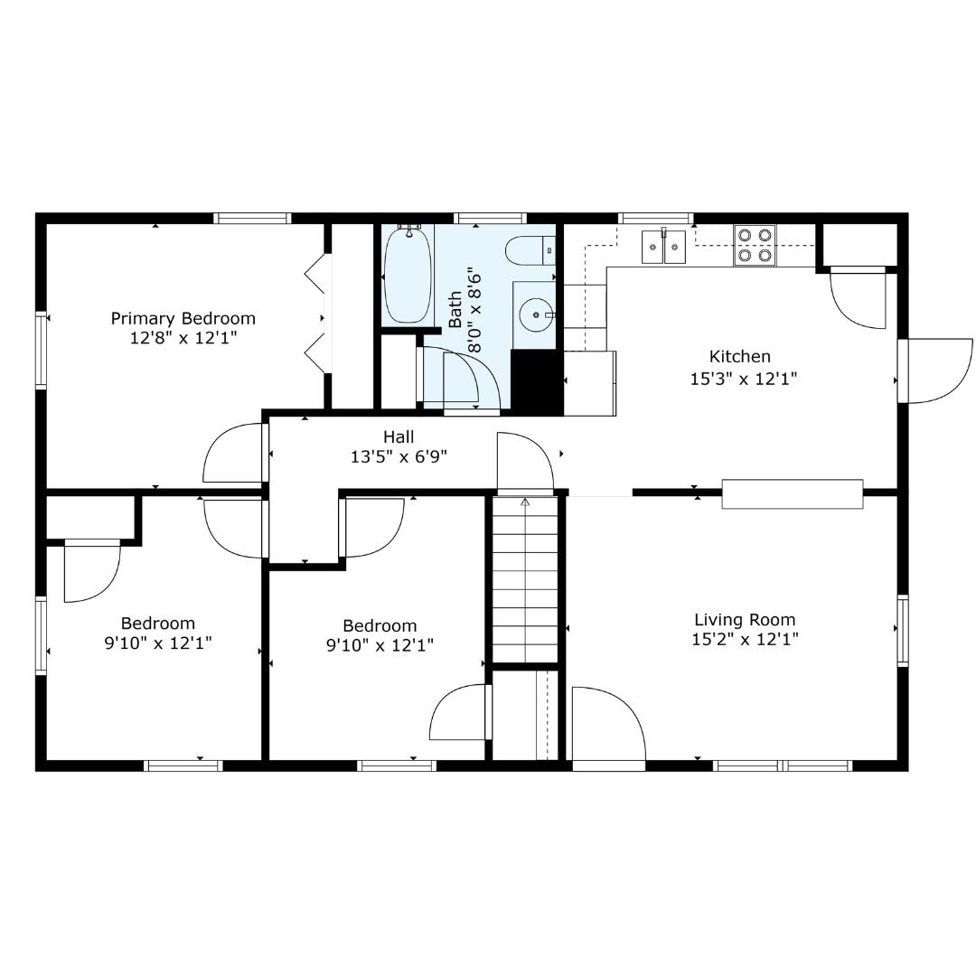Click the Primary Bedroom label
pyautogui.click(x=183, y=318)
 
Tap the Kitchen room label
pyautogui.click(x=740, y=357)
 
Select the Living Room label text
pyautogui.click(x=745, y=619)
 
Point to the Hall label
pyautogui.click(x=399, y=436)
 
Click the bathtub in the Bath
pyautogui.click(x=408, y=274)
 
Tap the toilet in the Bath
pyautogui.click(x=530, y=251)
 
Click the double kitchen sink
pyautogui.click(x=663, y=247)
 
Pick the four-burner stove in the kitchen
pyautogui.click(x=755, y=245)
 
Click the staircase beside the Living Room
pyautogui.click(x=525, y=579)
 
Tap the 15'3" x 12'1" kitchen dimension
pyautogui.click(x=744, y=379)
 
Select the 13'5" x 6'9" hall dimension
pyautogui.click(x=399, y=457)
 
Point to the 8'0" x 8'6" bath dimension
pyautogui.click(x=475, y=310)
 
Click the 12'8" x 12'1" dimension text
pyautogui.click(x=183, y=338)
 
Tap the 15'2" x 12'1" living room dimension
pyautogui.click(x=745, y=639)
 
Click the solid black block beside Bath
pyautogui.click(x=537, y=382)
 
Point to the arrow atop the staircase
pyautogui.click(x=525, y=502)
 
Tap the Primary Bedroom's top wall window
pyautogui.click(x=253, y=218)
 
